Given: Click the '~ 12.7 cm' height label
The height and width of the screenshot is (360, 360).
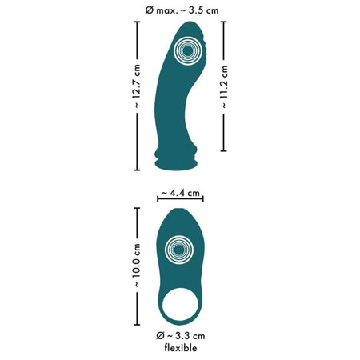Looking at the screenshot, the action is click(x=137, y=86).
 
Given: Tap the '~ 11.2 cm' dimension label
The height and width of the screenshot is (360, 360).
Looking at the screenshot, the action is click(x=224, y=87).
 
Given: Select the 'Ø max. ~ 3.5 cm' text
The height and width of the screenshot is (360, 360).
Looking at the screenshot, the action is click(x=182, y=10).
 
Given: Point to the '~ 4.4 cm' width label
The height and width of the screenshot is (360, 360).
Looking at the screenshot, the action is click(x=181, y=193).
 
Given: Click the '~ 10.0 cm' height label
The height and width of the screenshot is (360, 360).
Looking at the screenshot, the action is click(x=137, y=265).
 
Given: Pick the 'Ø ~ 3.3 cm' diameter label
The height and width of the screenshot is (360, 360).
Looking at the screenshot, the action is click(x=181, y=336).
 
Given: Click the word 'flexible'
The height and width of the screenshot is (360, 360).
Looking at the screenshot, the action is click(x=181, y=348).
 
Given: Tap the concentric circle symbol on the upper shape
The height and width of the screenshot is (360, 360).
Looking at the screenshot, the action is click(x=188, y=50).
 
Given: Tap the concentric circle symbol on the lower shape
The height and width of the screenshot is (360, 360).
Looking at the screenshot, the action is click(x=179, y=250).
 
